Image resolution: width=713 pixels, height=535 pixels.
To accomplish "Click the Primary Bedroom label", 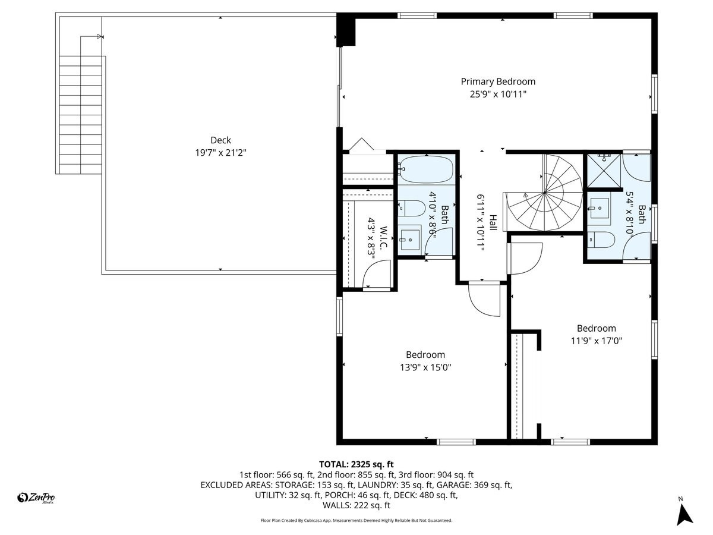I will [498, 82].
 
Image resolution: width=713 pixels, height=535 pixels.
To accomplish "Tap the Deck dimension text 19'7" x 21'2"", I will [220, 153].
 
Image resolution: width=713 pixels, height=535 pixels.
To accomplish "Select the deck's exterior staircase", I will [81, 113].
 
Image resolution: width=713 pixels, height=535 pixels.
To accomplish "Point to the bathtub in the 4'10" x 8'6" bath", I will [425, 169].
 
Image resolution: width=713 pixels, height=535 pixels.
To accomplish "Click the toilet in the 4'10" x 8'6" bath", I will [411, 208].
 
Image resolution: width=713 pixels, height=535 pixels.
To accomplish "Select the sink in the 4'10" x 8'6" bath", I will [409, 240].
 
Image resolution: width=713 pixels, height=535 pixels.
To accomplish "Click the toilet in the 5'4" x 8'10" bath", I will [601, 240].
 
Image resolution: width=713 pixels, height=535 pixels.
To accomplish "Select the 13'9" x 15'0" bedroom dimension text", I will [425, 367].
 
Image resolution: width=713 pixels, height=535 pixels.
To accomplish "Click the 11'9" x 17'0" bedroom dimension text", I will [596, 341].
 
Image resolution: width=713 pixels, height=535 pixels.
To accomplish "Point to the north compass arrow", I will [685, 514].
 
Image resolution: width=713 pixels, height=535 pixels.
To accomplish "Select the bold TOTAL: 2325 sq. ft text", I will [356, 464].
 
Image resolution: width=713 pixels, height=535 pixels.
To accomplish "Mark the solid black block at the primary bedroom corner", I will [346, 30].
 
